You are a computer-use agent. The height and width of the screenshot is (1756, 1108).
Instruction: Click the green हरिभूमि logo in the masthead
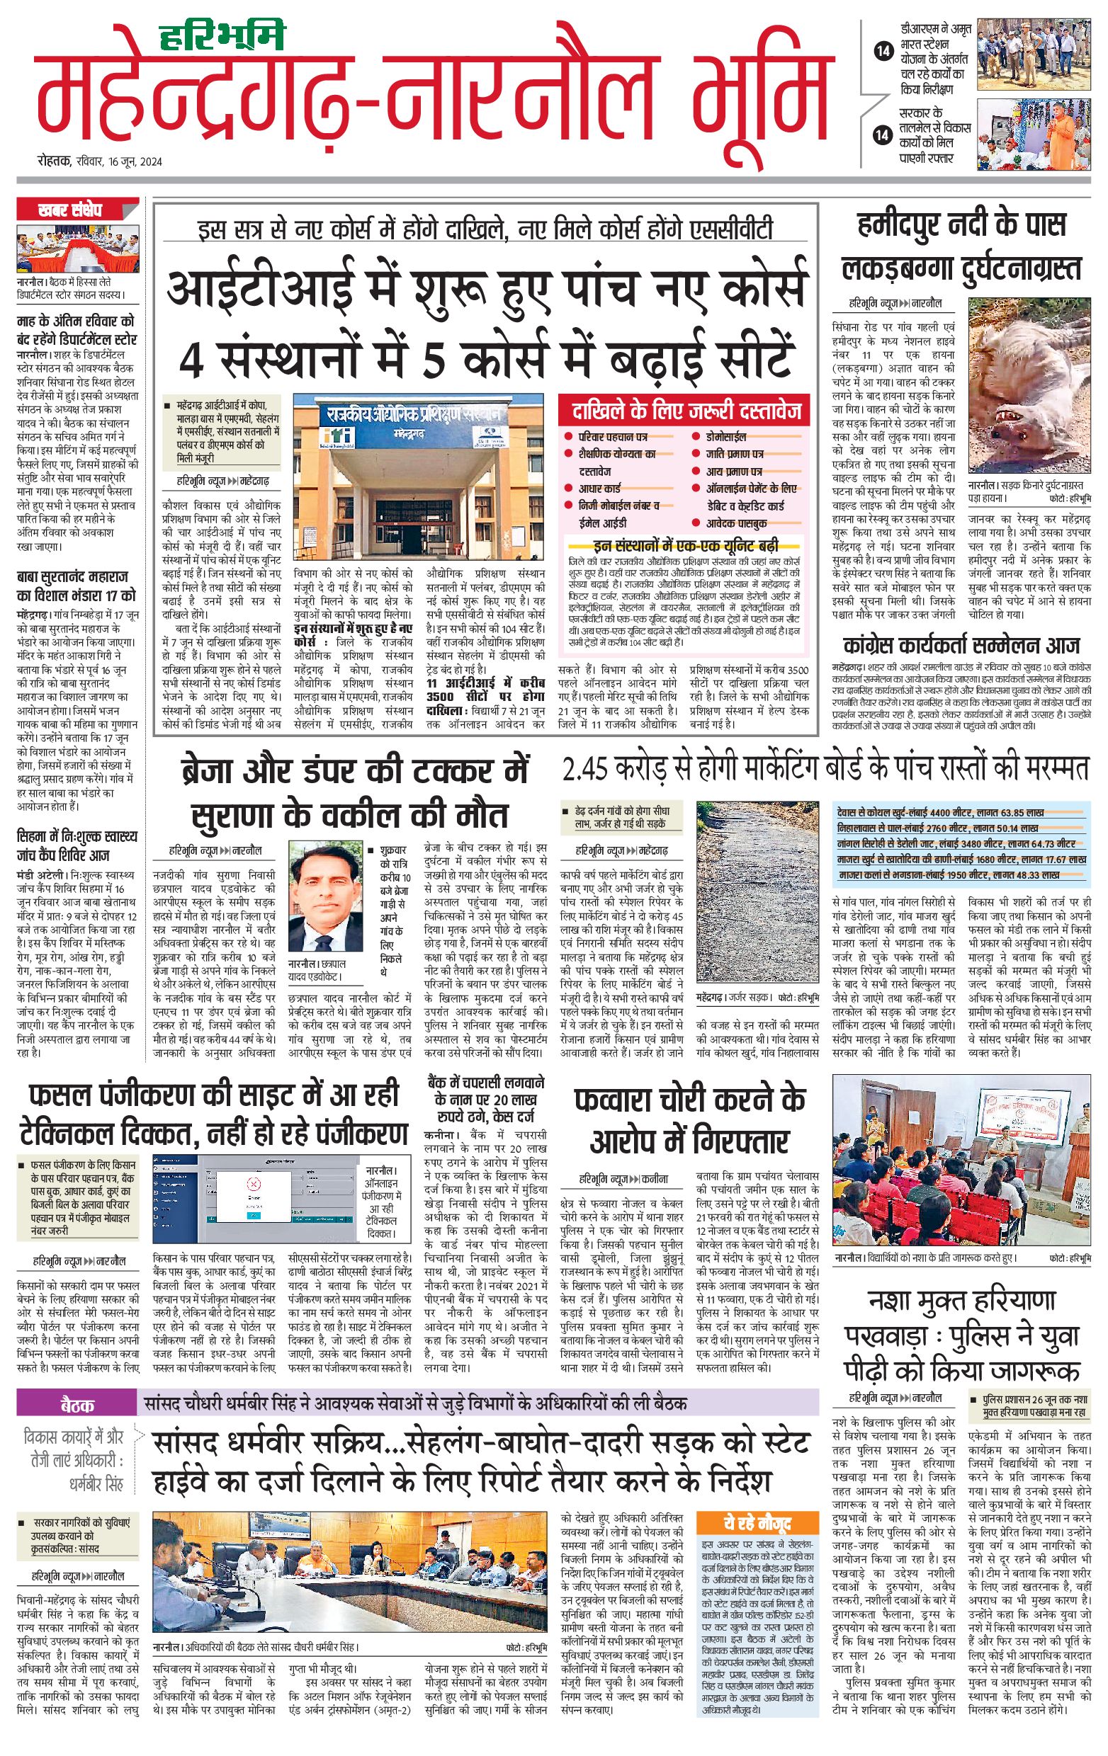tap(222, 36)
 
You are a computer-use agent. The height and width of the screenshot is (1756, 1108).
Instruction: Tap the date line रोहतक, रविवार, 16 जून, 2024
tap(100, 161)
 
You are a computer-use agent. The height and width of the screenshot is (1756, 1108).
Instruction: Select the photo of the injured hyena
tap(1029, 385)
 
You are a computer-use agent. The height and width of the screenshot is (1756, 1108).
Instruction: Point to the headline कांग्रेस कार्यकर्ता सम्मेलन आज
tap(961, 645)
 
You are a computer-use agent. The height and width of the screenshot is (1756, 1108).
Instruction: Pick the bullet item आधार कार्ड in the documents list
tap(599, 488)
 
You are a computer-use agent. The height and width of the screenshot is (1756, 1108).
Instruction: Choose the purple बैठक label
tap(77, 1405)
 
